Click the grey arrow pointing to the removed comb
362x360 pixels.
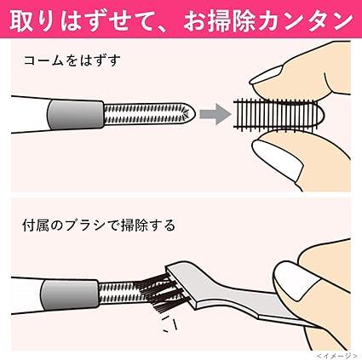point(215,114)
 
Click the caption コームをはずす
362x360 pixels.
point(72,60)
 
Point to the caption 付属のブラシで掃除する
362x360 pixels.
point(99,226)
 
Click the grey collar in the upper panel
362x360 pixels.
point(75,114)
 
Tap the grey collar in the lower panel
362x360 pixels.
point(69,294)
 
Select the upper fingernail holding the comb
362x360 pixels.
point(267,75)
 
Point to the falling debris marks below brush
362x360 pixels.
point(170,324)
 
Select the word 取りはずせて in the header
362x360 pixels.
point(84,21)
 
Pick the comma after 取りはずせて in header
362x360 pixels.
point(168,28)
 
